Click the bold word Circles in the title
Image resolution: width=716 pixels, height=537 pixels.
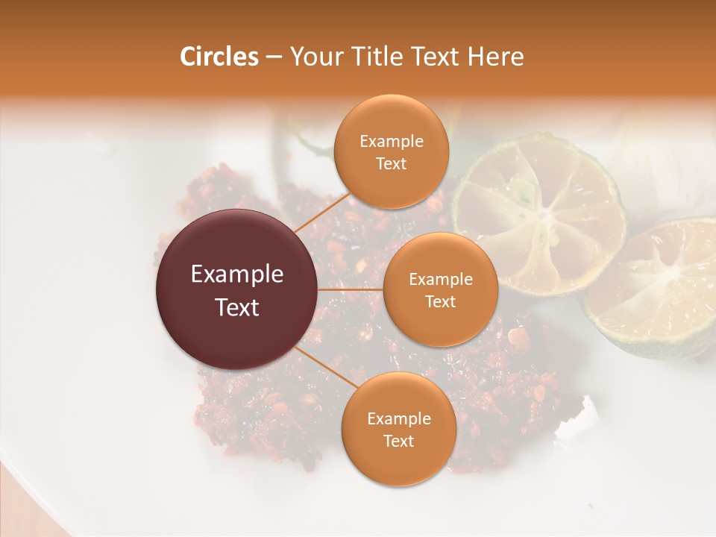click(x=219, y=57)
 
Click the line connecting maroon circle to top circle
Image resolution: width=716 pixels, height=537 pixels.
click(x=322, y=211)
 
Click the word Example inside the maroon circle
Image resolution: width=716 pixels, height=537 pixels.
click(x=237, y=274)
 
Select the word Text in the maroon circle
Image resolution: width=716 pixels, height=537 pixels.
click(x=237, y=307)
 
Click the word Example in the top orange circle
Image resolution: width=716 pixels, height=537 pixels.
click(x=392, y=142)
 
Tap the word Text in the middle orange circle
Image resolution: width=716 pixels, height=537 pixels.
click(x=440, y=301)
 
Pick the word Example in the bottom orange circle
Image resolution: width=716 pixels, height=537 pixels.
click(x=399, y=418)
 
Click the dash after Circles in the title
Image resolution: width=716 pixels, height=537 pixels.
click(x=274, y=57)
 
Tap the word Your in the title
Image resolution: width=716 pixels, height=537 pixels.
click(x=313, y=57)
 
